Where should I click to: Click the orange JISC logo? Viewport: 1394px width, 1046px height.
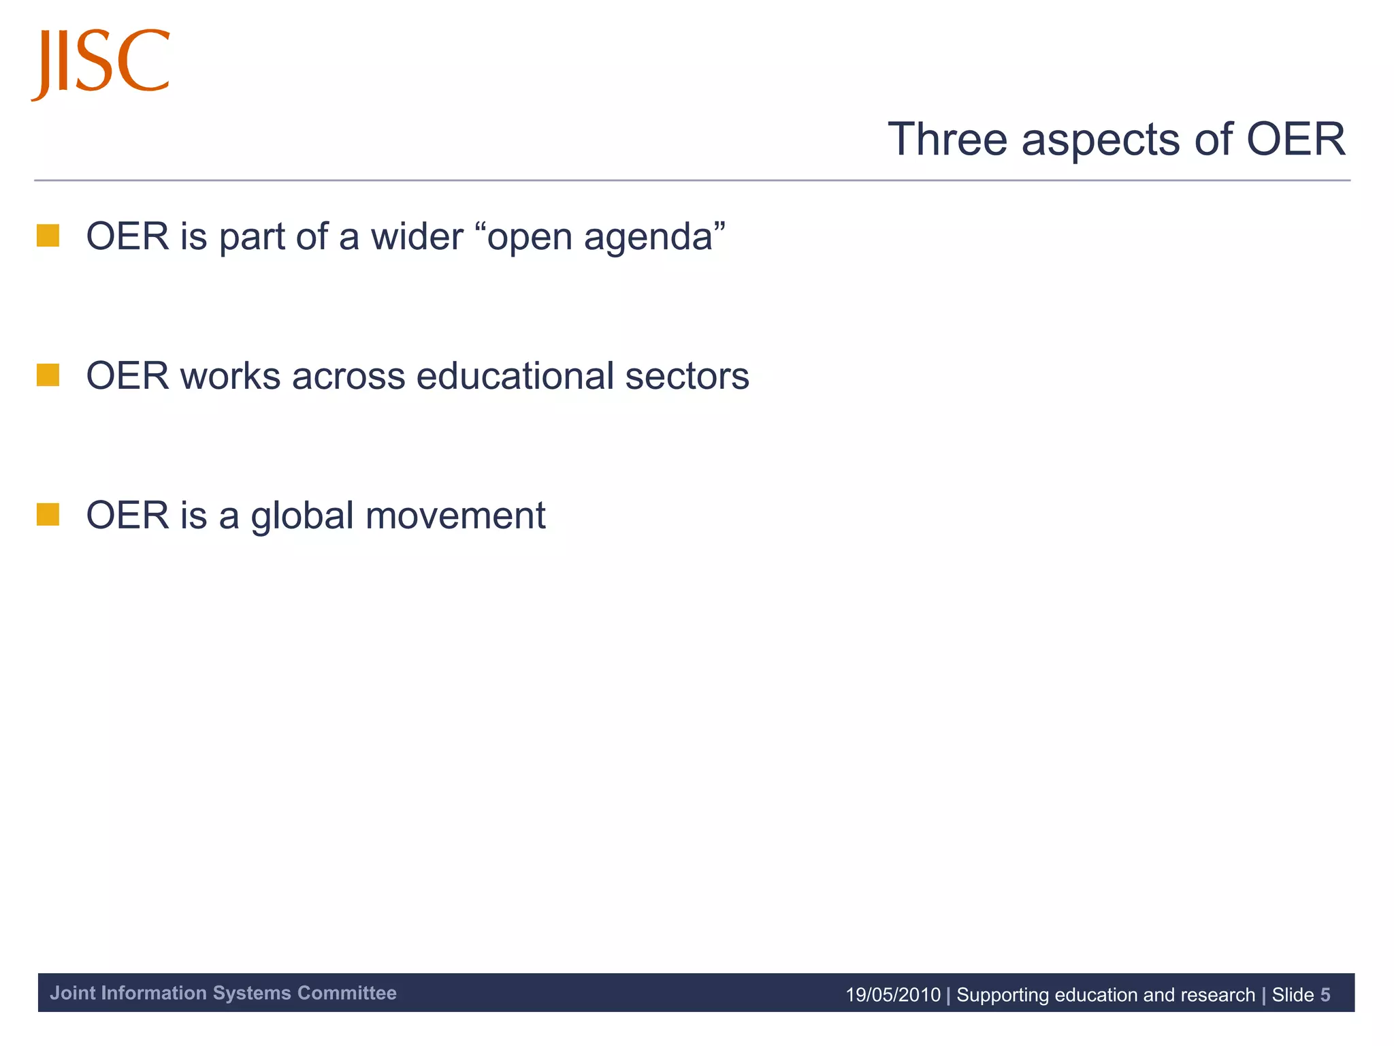pyautogui.click(x=101, y=63)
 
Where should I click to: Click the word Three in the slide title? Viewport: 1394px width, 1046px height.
pyautogui.click(x=947, y=140)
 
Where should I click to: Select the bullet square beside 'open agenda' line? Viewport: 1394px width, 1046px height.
pyautogui.click(x=48, y=236)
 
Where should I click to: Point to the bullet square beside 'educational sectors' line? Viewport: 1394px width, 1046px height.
pyautogui.click(x=48, y=375)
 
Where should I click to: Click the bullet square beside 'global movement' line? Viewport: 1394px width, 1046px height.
pyautogui.click(x=48, y=515)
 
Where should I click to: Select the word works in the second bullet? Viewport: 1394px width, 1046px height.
pyautogui.click(x=230, y=376)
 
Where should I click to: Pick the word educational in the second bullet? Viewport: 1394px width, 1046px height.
pyautogui.click(x=515, y=376)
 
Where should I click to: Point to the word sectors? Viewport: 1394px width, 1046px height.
pyautogui.click(x=687, y=377)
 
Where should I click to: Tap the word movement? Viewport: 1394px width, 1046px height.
pyautogui.click(x=455, y=516)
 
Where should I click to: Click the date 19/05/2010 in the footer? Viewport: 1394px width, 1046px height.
pyautogui.click(x=892, y=995)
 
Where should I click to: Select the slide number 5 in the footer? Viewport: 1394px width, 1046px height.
pyautogui.click(x=1325, y=995)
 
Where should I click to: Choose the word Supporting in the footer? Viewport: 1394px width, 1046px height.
pyautogui.click(x=1003, y=996)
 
